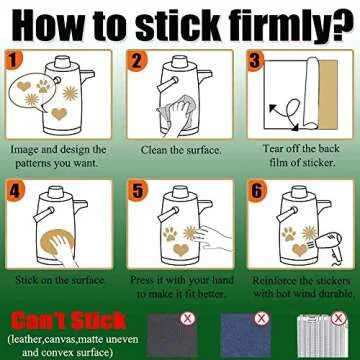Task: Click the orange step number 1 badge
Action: (x=13, y=60)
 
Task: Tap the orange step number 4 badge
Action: (x=14, y=191)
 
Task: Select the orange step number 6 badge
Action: (x=257, y=191)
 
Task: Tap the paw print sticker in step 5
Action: (x=170, y=234)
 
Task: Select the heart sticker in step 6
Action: (x=299, y=249)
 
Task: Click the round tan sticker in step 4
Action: (x=57, y=243)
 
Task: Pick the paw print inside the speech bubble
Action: (x=43, y=86)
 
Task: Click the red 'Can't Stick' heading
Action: (x=69, y=321)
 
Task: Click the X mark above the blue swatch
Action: (x=262, y=318)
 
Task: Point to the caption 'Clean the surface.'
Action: (x=181, y=150)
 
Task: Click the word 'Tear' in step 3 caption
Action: (x=273, y=148)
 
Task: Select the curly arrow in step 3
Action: (x=286, y=113)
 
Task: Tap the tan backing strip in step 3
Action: (x=328, y=94)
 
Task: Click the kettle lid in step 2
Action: (x=180, y=62)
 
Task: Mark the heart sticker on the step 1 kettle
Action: (x=59, y=114)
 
